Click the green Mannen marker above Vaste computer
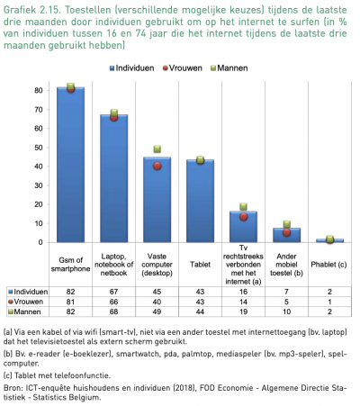click(157, 149)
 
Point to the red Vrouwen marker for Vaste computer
click(157, 166)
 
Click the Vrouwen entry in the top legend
click(188, 68)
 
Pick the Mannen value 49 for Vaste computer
click(157, 311)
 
